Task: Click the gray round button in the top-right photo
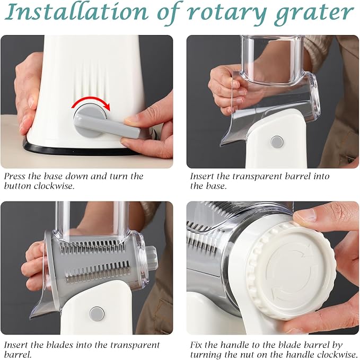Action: point(276,142)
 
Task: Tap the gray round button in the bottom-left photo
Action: point(96,313)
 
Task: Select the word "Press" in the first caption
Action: point(14,177)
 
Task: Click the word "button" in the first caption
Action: point(16,186)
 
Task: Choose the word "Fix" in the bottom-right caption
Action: point(198,345)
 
